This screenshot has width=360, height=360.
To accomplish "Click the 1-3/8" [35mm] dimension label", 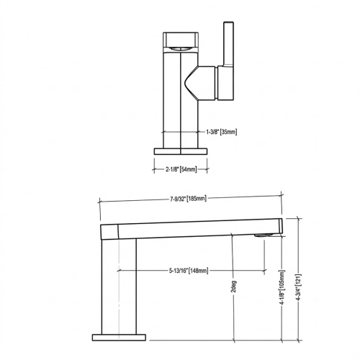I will pyautogui.click(x=221, y=132).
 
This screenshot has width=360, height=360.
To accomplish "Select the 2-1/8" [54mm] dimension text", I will pyautogui.click(x=181, y=170).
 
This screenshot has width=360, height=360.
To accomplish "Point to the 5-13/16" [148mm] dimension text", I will pyautogui.click(x=184, y=271).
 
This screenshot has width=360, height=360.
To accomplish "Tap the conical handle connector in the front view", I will pyautogui.click(x=192, y=83).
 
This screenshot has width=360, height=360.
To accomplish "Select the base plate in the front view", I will pyautogui.click(x=181, y=150).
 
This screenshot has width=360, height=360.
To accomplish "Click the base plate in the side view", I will pyautogui.click(x=120, y=336).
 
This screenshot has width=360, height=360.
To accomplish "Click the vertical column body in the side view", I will pyautogui.click(x=120, y=284).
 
